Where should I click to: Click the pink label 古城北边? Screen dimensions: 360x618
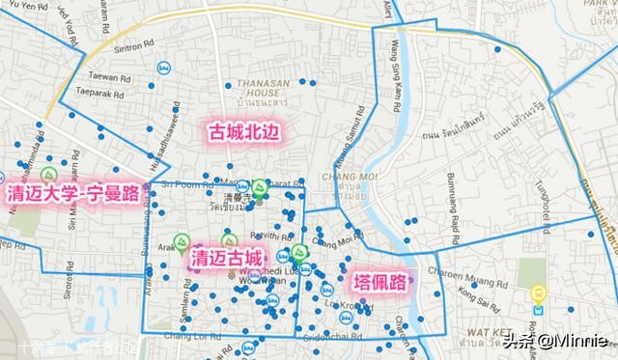(x=243, y=132)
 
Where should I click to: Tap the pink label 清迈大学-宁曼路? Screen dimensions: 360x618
(x=71, y=193)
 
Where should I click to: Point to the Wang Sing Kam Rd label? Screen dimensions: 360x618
(x=394, y=67)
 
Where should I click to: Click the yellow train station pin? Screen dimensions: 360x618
(x=540, y=294)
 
